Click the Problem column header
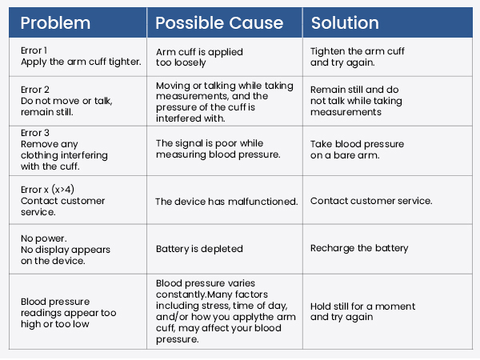55,23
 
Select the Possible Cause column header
219,23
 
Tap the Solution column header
345,23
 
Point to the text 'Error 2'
35,90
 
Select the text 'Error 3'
35,133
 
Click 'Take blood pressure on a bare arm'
357,150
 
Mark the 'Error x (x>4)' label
47,190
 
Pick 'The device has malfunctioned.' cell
226,202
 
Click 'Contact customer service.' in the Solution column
371,201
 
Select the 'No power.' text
43,238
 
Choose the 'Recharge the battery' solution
359,248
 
